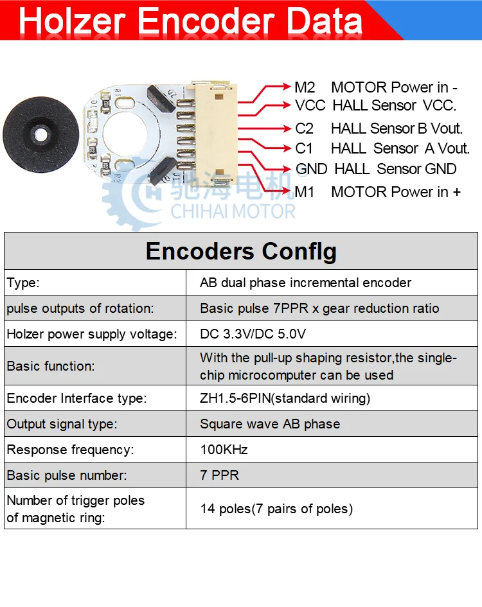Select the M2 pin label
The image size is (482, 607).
click(305, 87)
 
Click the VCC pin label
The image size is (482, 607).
click(310, 105)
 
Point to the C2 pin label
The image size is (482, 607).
click(304, 128)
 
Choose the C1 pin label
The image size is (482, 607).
click(304, 148)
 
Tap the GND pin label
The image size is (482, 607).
click(311, 169)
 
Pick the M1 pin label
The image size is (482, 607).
click(305, 191)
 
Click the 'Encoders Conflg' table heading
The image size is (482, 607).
click(241, 251)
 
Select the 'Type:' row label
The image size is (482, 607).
click(23, 283)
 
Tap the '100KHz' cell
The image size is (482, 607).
click(224, 450)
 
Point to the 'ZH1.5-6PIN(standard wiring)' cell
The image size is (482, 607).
click(285, 398)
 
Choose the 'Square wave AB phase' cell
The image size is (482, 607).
click(270, 424)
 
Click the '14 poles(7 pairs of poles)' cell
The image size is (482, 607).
click(276, 509)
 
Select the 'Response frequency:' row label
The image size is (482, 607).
click(70, 450)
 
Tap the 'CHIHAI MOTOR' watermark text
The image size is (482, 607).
click(233, 211)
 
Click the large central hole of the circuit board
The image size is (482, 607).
click(126, 133)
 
